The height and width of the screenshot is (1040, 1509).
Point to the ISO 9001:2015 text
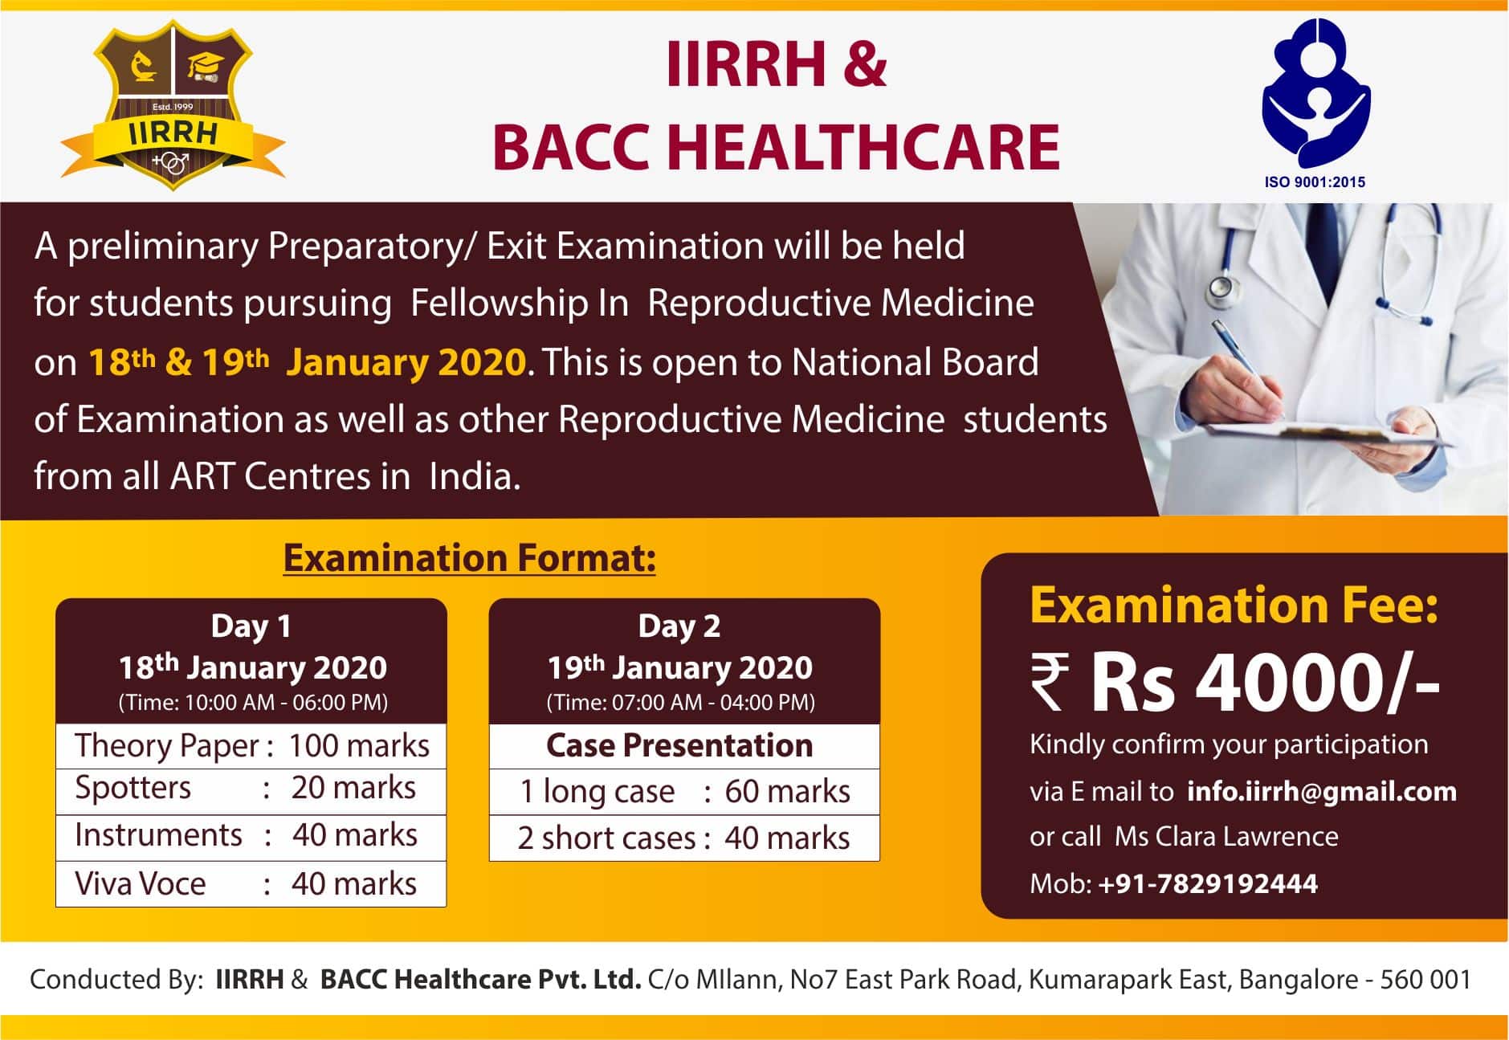(x=1315, y=182)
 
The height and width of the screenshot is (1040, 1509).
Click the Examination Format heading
(x=469, y=558)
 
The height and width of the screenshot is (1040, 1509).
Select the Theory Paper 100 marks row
(x=251, y=746)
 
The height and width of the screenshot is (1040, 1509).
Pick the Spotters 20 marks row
(x=251, y=789)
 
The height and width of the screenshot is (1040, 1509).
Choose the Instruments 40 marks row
(x=251, y=836)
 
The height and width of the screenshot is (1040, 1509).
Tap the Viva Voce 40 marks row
(x=251, y=884)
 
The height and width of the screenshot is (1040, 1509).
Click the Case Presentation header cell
(x=680, y=746)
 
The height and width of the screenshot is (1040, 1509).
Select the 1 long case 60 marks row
(x=684, y=792)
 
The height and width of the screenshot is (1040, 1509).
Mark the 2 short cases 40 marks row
(x=684, y=838)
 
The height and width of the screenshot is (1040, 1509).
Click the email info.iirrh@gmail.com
(x=1321, y=792)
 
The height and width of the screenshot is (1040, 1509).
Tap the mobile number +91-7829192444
(x=1208, y=884)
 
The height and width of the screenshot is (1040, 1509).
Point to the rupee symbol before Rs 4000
(x=1049, y=682)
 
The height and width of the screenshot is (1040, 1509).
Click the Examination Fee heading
(x=1234, y=606)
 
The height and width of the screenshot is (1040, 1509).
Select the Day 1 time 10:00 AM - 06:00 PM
(x=253, y=703)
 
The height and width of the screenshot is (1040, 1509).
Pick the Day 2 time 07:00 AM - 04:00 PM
(x=681, y=703)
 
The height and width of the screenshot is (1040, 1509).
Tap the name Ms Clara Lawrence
(x=1226, y=837)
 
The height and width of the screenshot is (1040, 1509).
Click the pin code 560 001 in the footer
(x=1425, y=980)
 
